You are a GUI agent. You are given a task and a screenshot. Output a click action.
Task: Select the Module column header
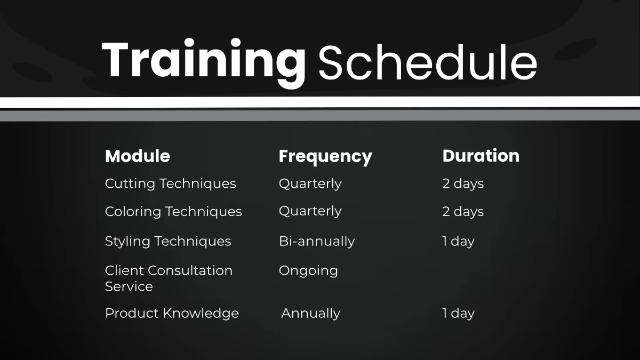(x=138, y=156)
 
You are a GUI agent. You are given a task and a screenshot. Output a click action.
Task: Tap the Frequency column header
(x=325, y=157)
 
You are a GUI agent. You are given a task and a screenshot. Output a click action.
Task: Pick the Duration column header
(x=481, y=156)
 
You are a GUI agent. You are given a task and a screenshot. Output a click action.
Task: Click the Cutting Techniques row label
(x=170, y=183)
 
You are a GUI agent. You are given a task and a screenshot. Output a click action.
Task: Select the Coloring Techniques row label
(x=173, y=212)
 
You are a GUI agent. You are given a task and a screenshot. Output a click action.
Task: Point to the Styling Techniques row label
(x=168, y=241)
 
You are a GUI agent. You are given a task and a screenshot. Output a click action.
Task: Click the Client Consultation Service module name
(x=169, y=271)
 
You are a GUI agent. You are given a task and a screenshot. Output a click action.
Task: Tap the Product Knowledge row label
(x=172, y=313)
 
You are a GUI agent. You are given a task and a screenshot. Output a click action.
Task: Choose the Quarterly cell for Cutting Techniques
(x=310, y=183)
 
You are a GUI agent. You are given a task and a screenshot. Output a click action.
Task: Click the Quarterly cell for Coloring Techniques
(x=310, y=211)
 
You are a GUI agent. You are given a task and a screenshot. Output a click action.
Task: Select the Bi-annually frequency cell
(x=316, y=241)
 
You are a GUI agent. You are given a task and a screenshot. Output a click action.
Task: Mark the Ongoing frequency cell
(x=308, y=271)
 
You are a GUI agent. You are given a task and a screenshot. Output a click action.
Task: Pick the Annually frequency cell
(x=310, y=314)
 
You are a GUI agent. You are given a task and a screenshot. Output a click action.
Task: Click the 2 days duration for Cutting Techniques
(x=463, y=183)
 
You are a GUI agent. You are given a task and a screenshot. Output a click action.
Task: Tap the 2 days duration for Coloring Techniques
(x=463, y=212)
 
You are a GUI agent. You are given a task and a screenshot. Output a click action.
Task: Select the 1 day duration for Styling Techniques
(x=458, y=241)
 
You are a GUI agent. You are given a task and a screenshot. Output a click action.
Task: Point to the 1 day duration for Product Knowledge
(x=458, y=313)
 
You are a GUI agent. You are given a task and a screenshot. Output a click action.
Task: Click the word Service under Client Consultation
(x=129, y=286)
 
